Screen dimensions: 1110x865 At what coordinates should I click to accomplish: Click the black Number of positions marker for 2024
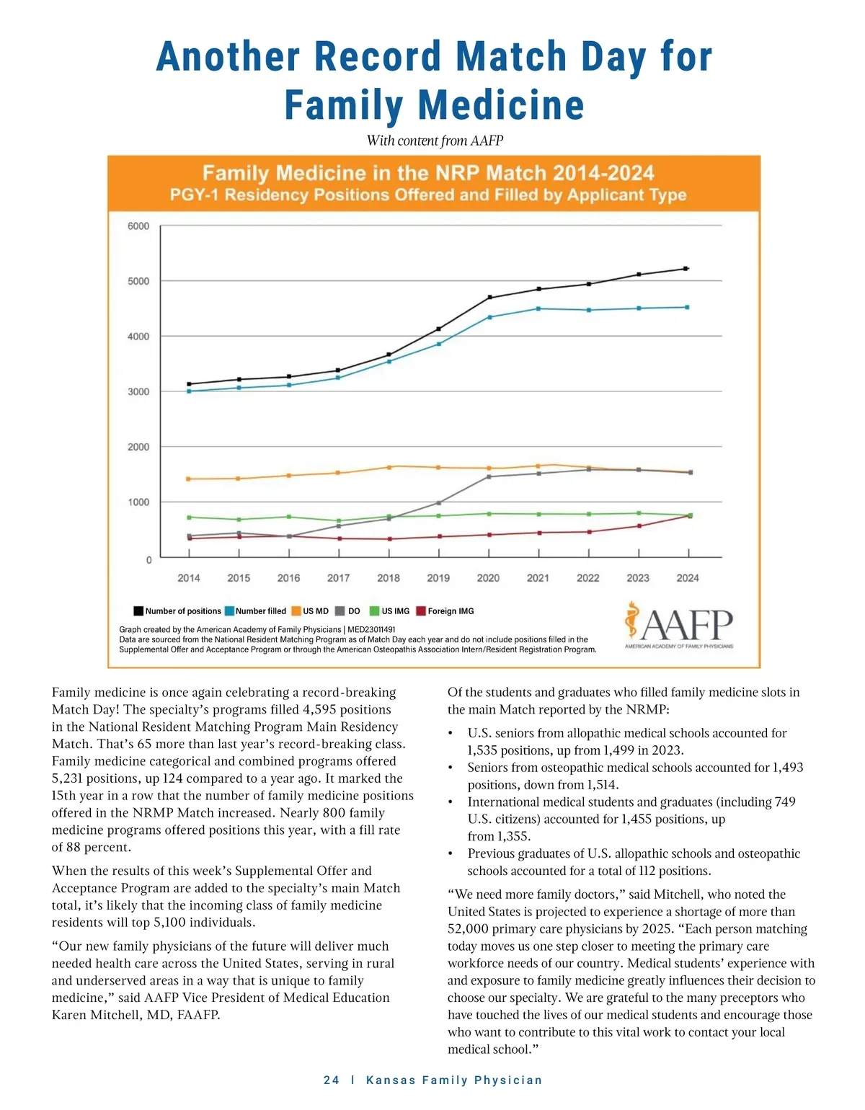(686, 269)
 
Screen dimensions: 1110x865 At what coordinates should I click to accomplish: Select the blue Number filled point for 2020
(489, 317)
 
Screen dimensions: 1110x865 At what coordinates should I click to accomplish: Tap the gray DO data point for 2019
(439, 502)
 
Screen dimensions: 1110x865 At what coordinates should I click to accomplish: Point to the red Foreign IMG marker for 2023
(639, 526)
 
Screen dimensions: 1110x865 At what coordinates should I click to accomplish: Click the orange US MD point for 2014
(189, 479)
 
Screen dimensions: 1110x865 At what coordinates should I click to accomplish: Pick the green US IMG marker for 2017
(339, 520)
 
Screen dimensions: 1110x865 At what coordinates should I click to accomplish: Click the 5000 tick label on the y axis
(138, 281)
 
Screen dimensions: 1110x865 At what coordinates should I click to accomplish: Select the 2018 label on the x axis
(389, 578)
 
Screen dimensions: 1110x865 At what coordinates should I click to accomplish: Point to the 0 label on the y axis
(149, 559)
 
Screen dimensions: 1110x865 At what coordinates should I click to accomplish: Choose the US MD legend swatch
(296, 611)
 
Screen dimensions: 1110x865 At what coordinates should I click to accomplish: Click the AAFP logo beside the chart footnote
(678, 624)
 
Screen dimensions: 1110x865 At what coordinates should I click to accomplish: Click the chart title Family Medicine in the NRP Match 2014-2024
(428, 173)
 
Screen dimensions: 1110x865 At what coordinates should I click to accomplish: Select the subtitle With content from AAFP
(435, 141)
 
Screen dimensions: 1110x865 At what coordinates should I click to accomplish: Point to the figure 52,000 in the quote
(469, 929)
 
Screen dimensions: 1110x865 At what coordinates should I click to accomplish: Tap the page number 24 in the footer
(332, 1080)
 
